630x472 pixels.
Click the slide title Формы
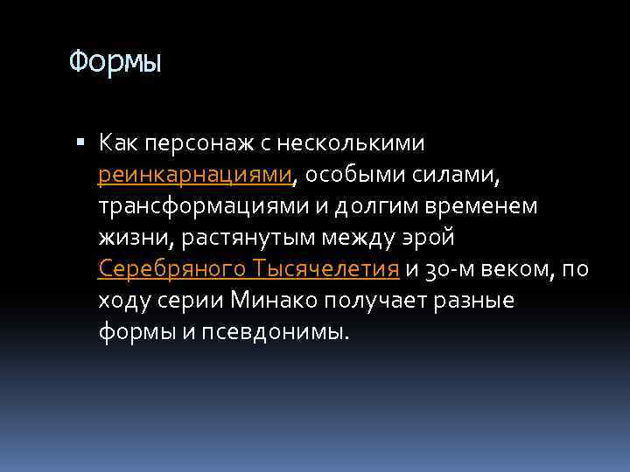[x=115, y=62]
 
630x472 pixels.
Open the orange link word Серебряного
[x=172, y=268]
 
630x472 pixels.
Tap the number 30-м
[x=447, y=268]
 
